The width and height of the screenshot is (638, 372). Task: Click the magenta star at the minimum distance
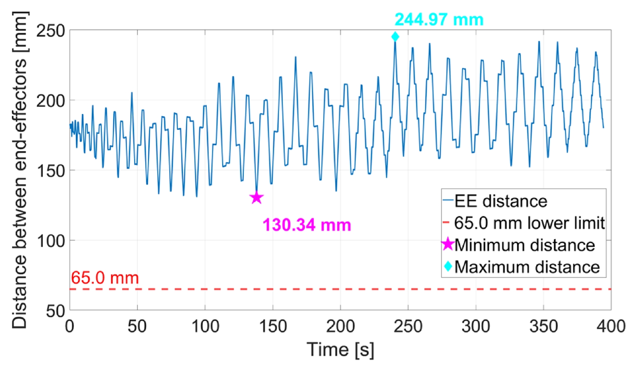(257, 198)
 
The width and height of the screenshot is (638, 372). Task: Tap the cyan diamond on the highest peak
(395, 37)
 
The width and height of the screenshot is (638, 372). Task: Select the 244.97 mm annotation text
(439, 20)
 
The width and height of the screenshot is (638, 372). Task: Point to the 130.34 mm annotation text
(307, 225)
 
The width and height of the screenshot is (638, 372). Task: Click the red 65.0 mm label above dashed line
(105, 278)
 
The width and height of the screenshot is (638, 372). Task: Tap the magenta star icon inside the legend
(448, 244)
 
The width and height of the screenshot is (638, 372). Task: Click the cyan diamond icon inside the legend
(448, 266)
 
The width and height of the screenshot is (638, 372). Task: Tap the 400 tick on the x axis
(611, 326)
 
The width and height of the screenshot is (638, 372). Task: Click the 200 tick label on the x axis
(340, 326)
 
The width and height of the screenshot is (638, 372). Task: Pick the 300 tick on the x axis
(476, 326)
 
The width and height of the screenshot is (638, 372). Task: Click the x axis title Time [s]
(340, 349)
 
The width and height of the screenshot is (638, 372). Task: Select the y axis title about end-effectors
(20, 170)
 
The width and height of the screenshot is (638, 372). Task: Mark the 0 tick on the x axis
(70, 326)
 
